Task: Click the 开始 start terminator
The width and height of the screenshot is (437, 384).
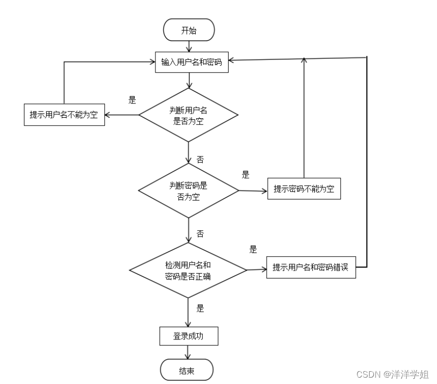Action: [x=189, y=30]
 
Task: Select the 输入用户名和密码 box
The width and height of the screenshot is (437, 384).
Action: [x=192, y=62]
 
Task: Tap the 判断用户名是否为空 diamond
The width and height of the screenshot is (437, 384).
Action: [x=188, y=115]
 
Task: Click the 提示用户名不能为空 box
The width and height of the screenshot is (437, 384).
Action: [x=64, y=115]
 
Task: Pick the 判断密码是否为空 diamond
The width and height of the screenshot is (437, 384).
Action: [x=188, y=190]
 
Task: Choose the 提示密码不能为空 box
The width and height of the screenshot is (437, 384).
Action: [x=304, y=189]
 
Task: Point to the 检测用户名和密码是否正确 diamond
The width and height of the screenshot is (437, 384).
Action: [x=188, y=270]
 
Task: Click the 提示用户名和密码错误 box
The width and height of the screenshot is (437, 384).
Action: [x=311, y=267]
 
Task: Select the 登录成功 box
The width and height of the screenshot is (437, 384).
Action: [x=189, y=336]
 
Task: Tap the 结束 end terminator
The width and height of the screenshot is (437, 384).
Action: [x=187, y=370]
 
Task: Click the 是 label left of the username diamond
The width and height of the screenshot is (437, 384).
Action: [x=132, y=100]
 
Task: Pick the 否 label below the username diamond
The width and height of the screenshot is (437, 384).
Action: [x=200, y=160]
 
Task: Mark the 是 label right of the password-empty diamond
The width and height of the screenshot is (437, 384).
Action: [x=245, y=174]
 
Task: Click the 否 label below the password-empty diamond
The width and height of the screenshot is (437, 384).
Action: [x=200, y=233]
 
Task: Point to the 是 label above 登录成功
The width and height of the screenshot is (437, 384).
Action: [x=200, y=308]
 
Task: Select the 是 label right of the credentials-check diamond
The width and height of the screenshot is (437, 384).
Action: [x=253, y=249]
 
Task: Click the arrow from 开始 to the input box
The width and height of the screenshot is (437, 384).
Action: [x=189, y=46]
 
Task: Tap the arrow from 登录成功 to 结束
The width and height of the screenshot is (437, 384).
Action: [x=188, y=352]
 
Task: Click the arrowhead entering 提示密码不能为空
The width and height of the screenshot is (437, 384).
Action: [x=264, y=191]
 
